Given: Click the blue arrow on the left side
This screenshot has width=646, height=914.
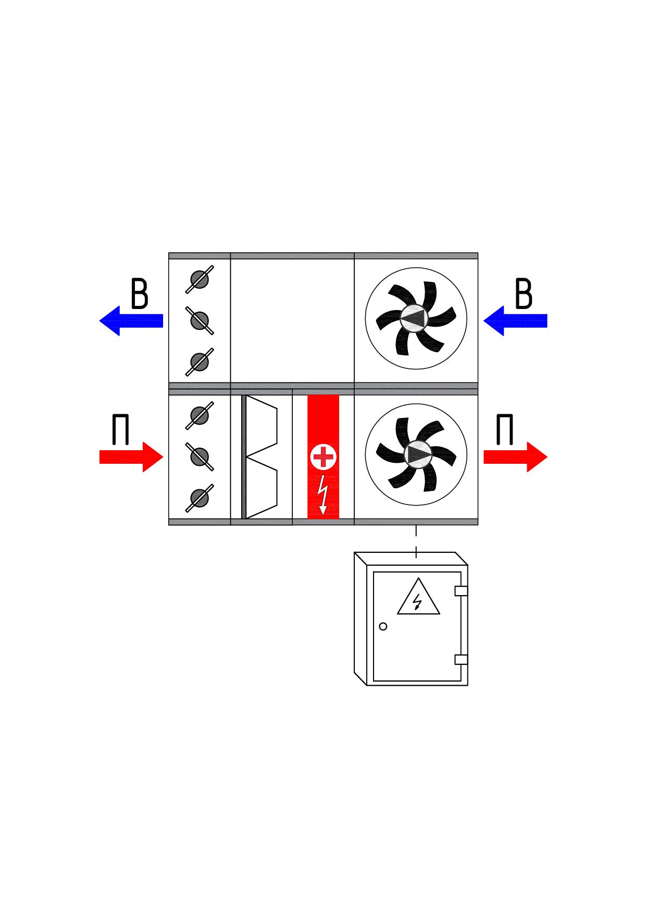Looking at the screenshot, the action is pyautogui.click(x=131, y=320).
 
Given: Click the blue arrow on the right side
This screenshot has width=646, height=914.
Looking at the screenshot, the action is pyautogui.click(x=515, y=320).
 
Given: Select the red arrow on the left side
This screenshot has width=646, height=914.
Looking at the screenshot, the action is pyautogui.click(x=131, y=457).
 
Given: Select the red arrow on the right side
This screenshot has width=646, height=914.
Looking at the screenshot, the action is pyautogui.click(x=516, y=457).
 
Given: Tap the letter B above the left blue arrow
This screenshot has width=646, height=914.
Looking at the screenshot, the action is pyautogui.click(x=139, y=294).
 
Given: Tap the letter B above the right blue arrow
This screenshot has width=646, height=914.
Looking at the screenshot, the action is pyautogui.click(x=524, y=294).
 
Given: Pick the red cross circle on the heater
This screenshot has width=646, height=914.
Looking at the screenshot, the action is pyautogui.click(x=323, y=458).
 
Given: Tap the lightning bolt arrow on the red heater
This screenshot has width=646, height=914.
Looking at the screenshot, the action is pyautogui.click(x=323, y=493).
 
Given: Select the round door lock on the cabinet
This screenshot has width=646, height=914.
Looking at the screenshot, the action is pyautogui.click(x=383, y=626).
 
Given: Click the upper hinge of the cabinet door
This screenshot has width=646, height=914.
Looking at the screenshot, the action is pyautogui.click(x=461, y=591).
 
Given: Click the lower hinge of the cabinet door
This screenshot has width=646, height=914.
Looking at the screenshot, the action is pyautogui.click(x=461, y=660).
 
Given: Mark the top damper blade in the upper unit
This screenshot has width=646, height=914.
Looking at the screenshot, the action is pyautogui.click(x=200, y=279).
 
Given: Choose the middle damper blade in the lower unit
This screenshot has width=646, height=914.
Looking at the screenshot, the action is pyautogui.click(x=200, y=456).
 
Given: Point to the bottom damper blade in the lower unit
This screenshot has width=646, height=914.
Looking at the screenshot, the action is pyautogui.click(x=200, y=498).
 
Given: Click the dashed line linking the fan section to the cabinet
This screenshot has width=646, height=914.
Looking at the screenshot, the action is pyautogui.click(x=416, y=542).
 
